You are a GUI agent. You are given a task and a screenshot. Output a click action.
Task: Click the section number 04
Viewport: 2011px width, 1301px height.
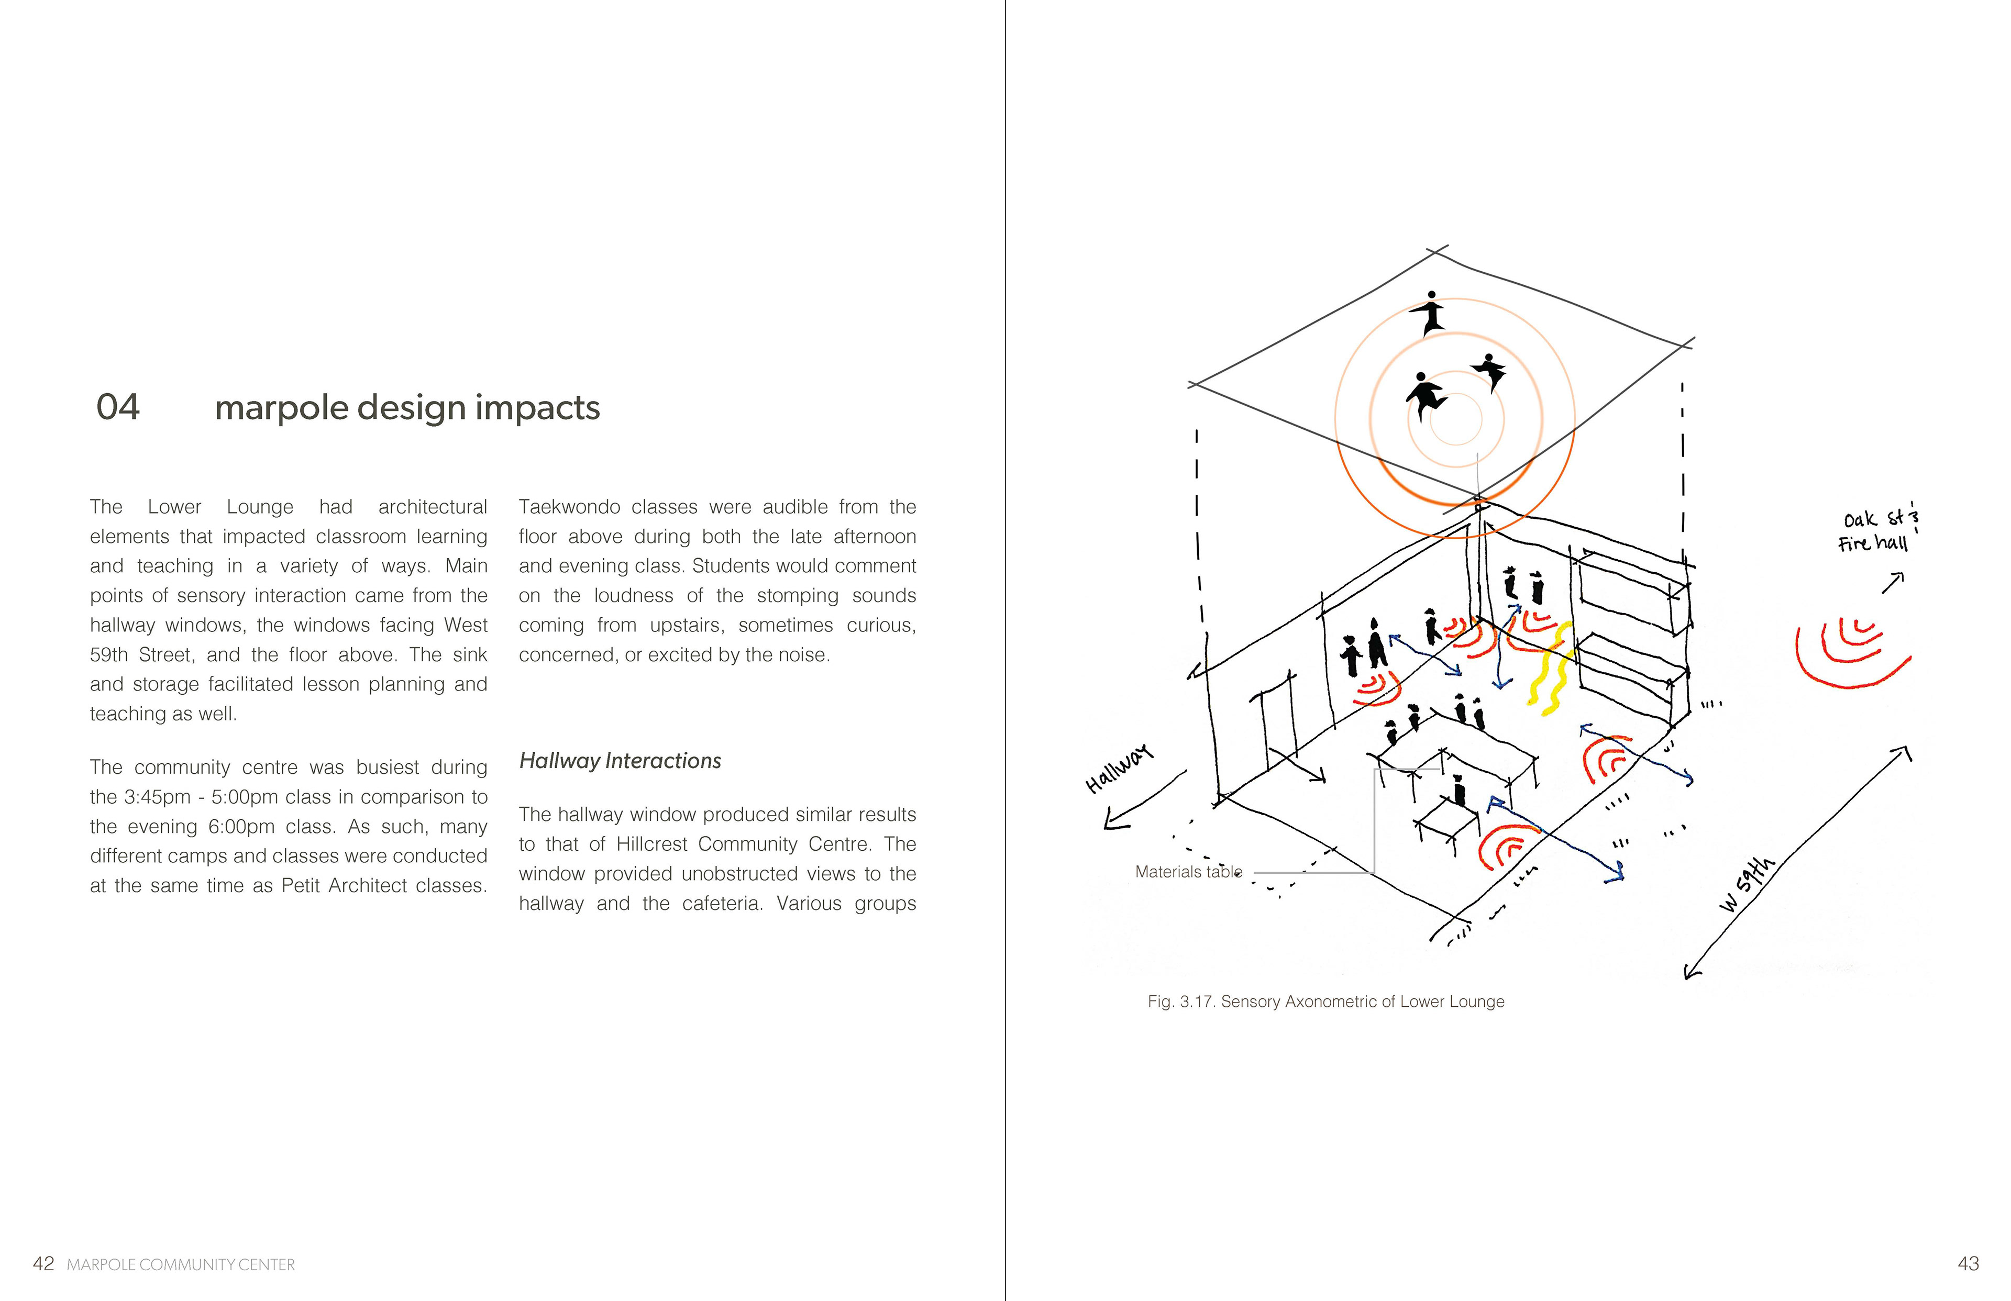117,407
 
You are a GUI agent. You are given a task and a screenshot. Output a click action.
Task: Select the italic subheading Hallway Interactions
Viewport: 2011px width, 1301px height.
620,761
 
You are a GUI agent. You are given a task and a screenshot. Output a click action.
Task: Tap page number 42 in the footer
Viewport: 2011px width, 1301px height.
43,1264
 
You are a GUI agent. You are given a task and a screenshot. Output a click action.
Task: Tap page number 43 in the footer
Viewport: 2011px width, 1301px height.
1968,1264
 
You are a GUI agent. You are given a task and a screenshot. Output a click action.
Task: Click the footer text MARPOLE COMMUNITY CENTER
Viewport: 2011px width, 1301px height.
181,1265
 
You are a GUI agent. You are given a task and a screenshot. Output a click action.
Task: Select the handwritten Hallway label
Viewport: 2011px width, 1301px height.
1119,769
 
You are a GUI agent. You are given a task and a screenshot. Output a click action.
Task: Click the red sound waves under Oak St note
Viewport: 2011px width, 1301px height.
1850,655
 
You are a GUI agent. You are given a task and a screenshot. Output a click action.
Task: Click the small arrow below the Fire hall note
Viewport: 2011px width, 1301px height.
1893,582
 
